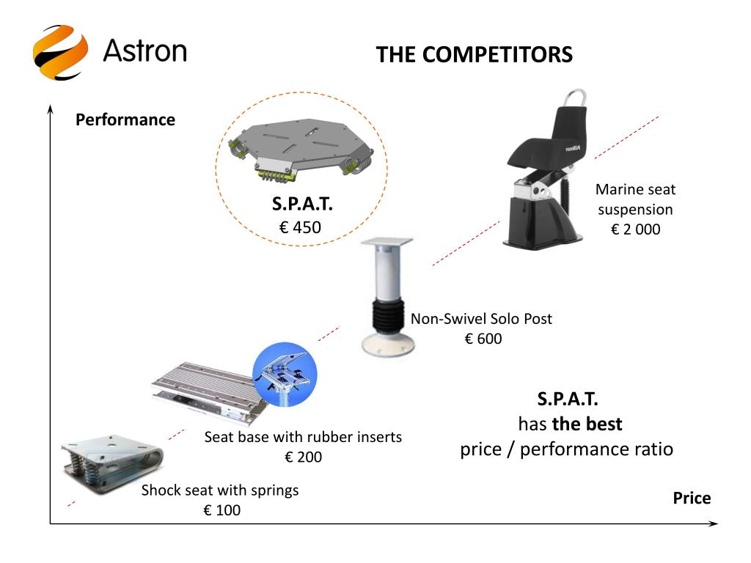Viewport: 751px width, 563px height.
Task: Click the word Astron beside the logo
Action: click(144, 51)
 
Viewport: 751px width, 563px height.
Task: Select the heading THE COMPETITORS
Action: click(474, 55)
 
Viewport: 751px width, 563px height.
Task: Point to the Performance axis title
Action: click(125, 119)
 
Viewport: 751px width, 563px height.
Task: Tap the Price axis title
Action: click(692, 498)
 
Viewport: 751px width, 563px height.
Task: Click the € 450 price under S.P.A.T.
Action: click(300, 228)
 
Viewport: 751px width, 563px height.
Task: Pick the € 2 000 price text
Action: click(635, 229)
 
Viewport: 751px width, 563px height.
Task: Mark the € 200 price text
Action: click(303, 457)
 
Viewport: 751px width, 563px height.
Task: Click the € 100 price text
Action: click(221, 510)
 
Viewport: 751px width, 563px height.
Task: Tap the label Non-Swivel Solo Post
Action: click(481, 319)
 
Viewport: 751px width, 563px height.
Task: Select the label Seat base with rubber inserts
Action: click(303, 437)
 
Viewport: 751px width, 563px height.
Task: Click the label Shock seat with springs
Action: click(220, 490)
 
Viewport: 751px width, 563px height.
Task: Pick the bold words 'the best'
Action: click(587, 424)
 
